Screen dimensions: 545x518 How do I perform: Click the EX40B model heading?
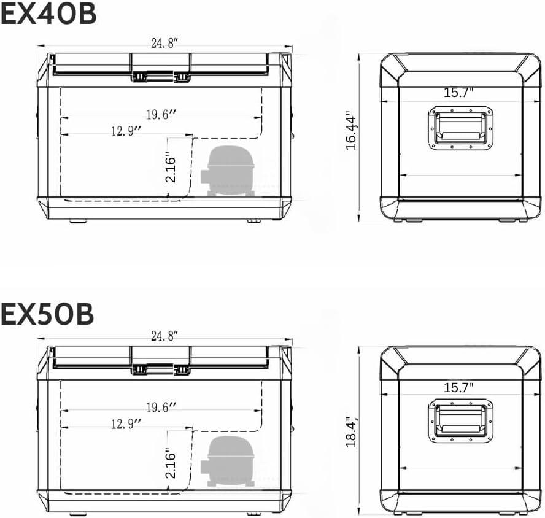[48, 14]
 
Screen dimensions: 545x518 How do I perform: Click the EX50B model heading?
[47, 314]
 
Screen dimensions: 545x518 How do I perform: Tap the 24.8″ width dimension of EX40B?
[164, 44]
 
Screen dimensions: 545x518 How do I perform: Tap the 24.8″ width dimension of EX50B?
[164, 336]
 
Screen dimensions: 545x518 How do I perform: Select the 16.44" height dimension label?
[351, 130]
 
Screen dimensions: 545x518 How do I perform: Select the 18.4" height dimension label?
[351, 431]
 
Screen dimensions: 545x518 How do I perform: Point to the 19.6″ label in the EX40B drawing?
[161, 114]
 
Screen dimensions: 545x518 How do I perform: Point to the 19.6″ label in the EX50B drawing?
[161, 407]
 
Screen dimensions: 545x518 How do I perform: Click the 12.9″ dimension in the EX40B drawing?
[126, 131]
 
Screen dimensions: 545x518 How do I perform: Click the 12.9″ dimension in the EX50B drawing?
[126, 423]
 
